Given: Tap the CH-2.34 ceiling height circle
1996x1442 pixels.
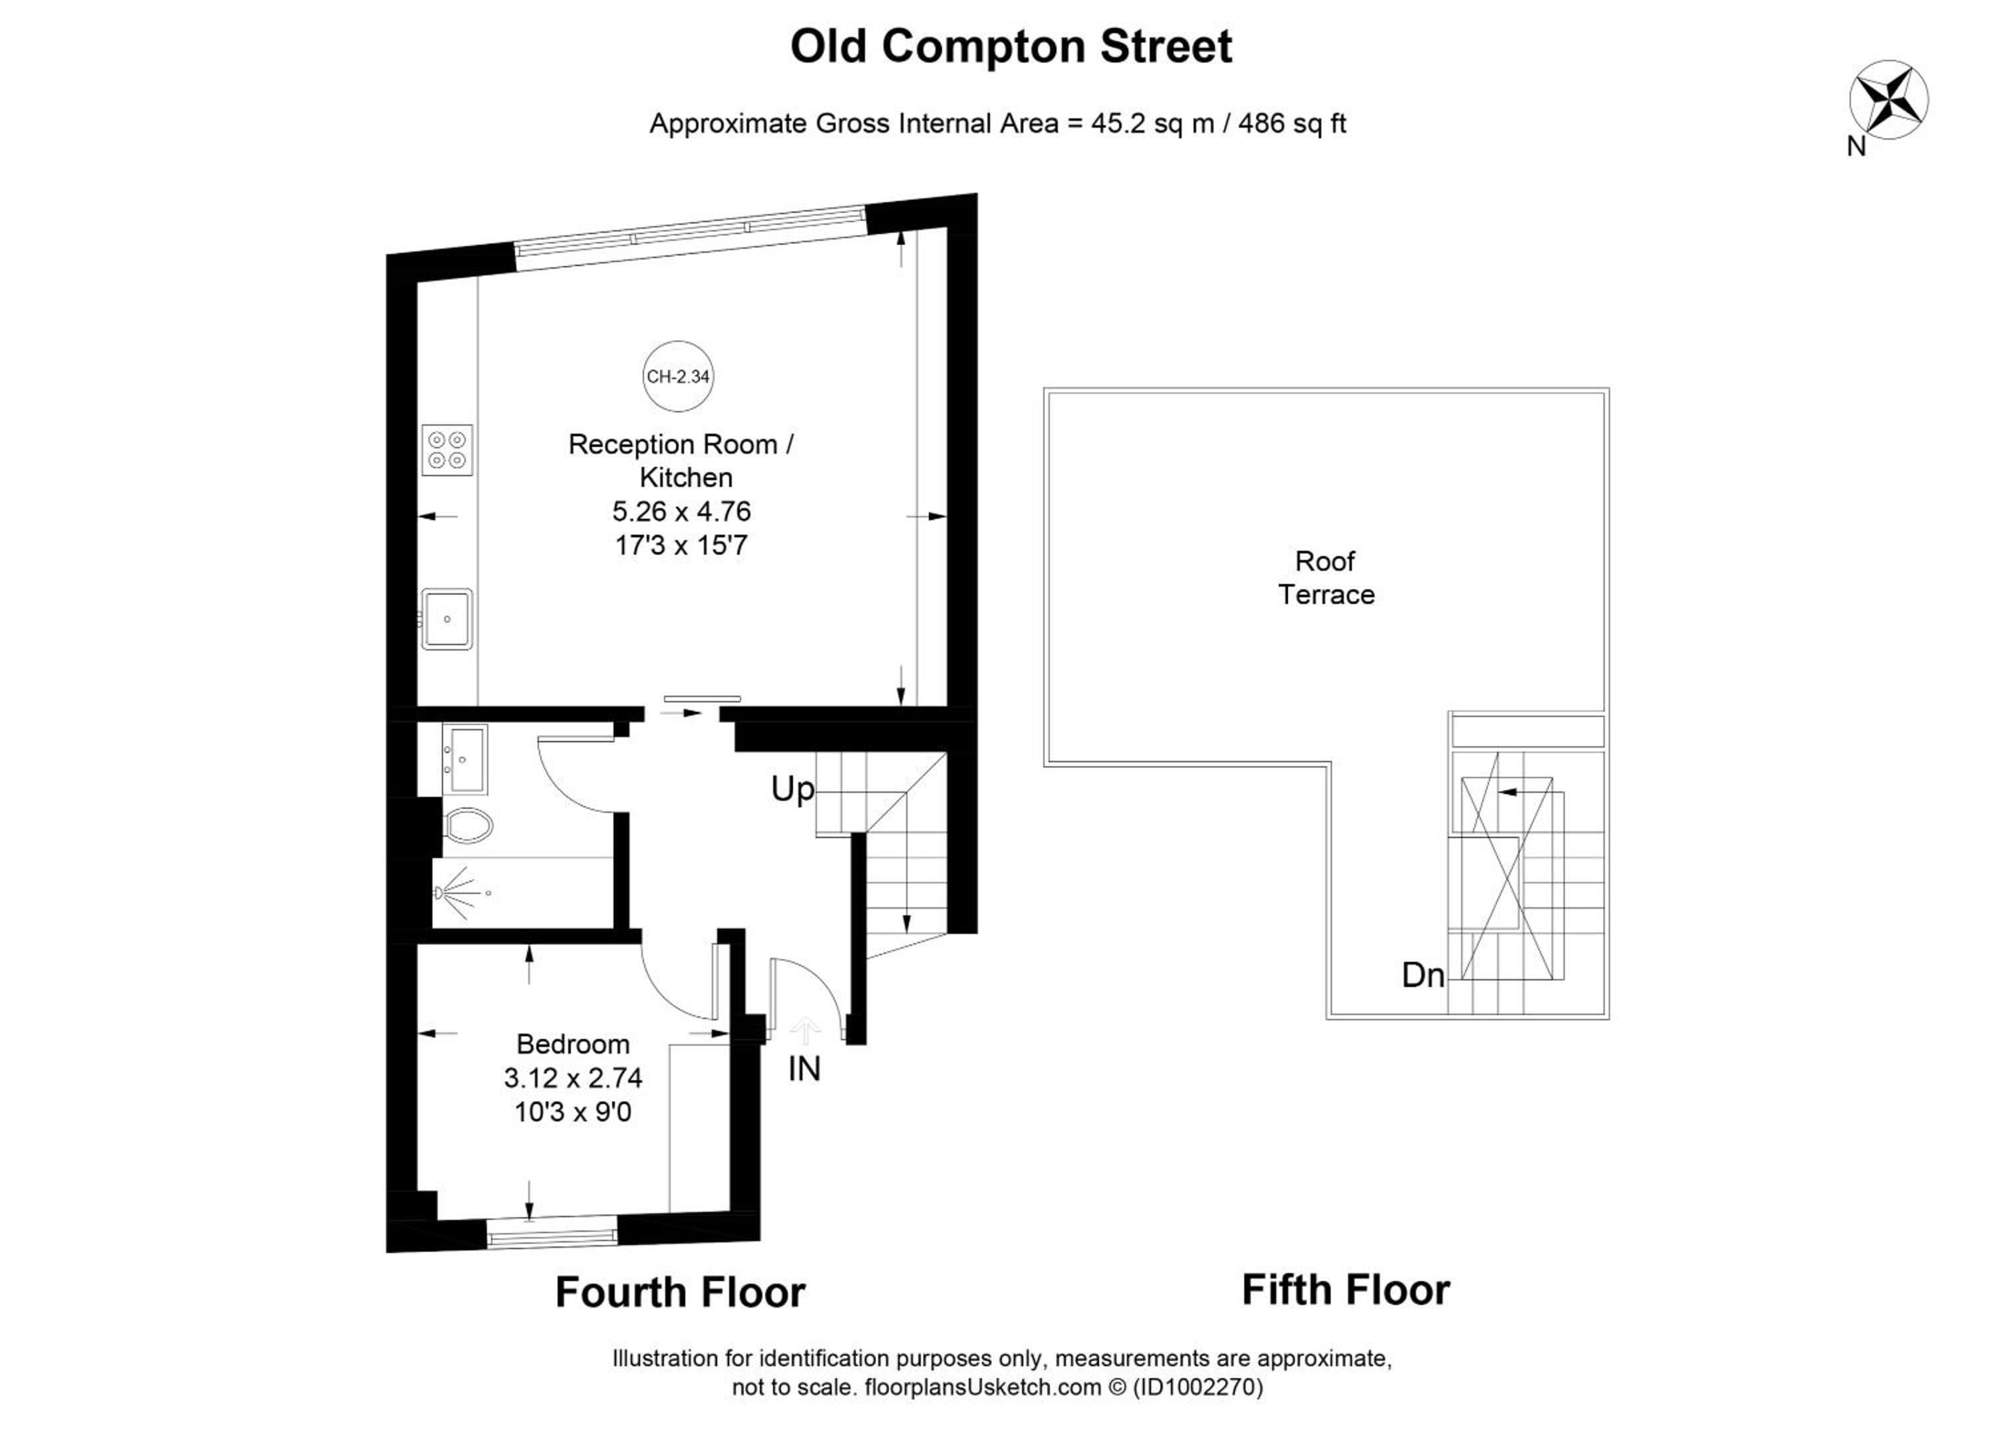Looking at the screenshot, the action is click(x=678, y=376).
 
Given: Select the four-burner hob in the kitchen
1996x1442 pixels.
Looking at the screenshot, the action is click(x=447, y=450).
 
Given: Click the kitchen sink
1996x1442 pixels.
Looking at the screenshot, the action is click(x=447, y=619).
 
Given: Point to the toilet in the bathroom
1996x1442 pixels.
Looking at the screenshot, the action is click(x=467, y=825).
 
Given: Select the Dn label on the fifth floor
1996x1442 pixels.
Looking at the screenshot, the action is click(x=1423, y=975).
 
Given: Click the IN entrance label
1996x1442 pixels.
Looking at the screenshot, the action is click(x=804, y=1069).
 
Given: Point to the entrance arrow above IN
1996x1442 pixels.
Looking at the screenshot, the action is click(x=804, y=1030).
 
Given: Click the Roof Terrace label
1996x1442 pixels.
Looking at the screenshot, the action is click(x=1326, y=578).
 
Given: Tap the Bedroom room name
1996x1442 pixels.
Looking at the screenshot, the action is click(x=573, y=1044).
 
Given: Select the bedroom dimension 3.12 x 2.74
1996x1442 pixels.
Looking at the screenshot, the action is click(x=573, y=1078).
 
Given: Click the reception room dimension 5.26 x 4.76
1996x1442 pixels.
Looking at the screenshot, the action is click(x=681, y=511).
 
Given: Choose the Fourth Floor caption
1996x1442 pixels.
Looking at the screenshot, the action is click(x=680, y=1293).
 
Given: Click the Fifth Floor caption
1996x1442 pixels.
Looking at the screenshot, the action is click(x=1345, y=1290).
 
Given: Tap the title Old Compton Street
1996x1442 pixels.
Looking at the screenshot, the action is click(x=1011, y=47).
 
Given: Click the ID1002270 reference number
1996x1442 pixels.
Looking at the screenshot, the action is click(x=1199, y=1387).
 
